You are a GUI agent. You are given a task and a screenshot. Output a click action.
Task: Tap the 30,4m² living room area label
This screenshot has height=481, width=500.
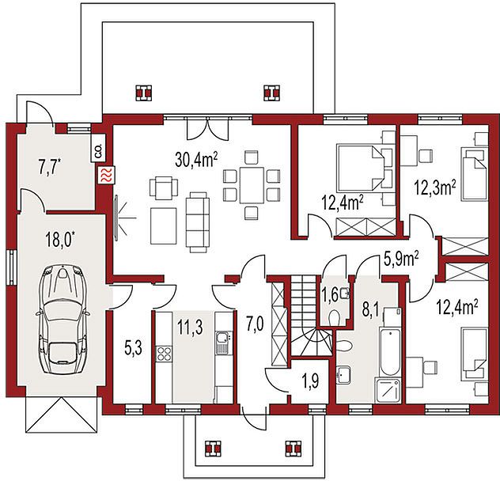pyautogui.click(x=196, y=160)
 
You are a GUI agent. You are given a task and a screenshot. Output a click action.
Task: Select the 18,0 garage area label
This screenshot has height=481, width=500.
pyautogui.click(x=62, y=240)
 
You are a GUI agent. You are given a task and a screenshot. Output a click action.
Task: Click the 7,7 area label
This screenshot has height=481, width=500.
pyautogui.click(x=50, y=169)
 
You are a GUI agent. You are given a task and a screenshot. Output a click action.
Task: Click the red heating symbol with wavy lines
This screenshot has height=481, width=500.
pyautogui.click(x=105, y=176)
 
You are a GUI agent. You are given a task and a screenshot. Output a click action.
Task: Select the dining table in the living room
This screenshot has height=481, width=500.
pyautogui.click(x=252, y=185)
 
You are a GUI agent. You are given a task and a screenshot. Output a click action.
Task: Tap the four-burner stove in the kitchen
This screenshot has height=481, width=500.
pyautogui.click(x=165, y=354)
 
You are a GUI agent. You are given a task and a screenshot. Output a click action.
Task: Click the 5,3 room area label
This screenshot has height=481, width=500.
pyautogui.click(x=133, y=349)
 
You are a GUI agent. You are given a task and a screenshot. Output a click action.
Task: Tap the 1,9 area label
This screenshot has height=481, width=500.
pyautogui.click(x=311, y=382)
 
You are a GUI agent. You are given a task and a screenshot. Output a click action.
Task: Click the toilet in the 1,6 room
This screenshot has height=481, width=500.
pyautogui.click(x=334, y=317)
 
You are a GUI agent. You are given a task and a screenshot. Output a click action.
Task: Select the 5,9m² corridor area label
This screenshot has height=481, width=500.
pyautogui.click(x=401, y=259)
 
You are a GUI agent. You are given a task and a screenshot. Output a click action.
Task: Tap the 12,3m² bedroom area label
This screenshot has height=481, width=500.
pyautogui.click(x=435, y=187)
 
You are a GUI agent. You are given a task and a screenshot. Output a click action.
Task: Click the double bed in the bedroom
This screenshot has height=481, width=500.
pyautogui.click(x=360, y=168)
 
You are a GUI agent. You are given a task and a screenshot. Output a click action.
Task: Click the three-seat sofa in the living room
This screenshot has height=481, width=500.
pyautogui.click(x=197, y=222)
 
